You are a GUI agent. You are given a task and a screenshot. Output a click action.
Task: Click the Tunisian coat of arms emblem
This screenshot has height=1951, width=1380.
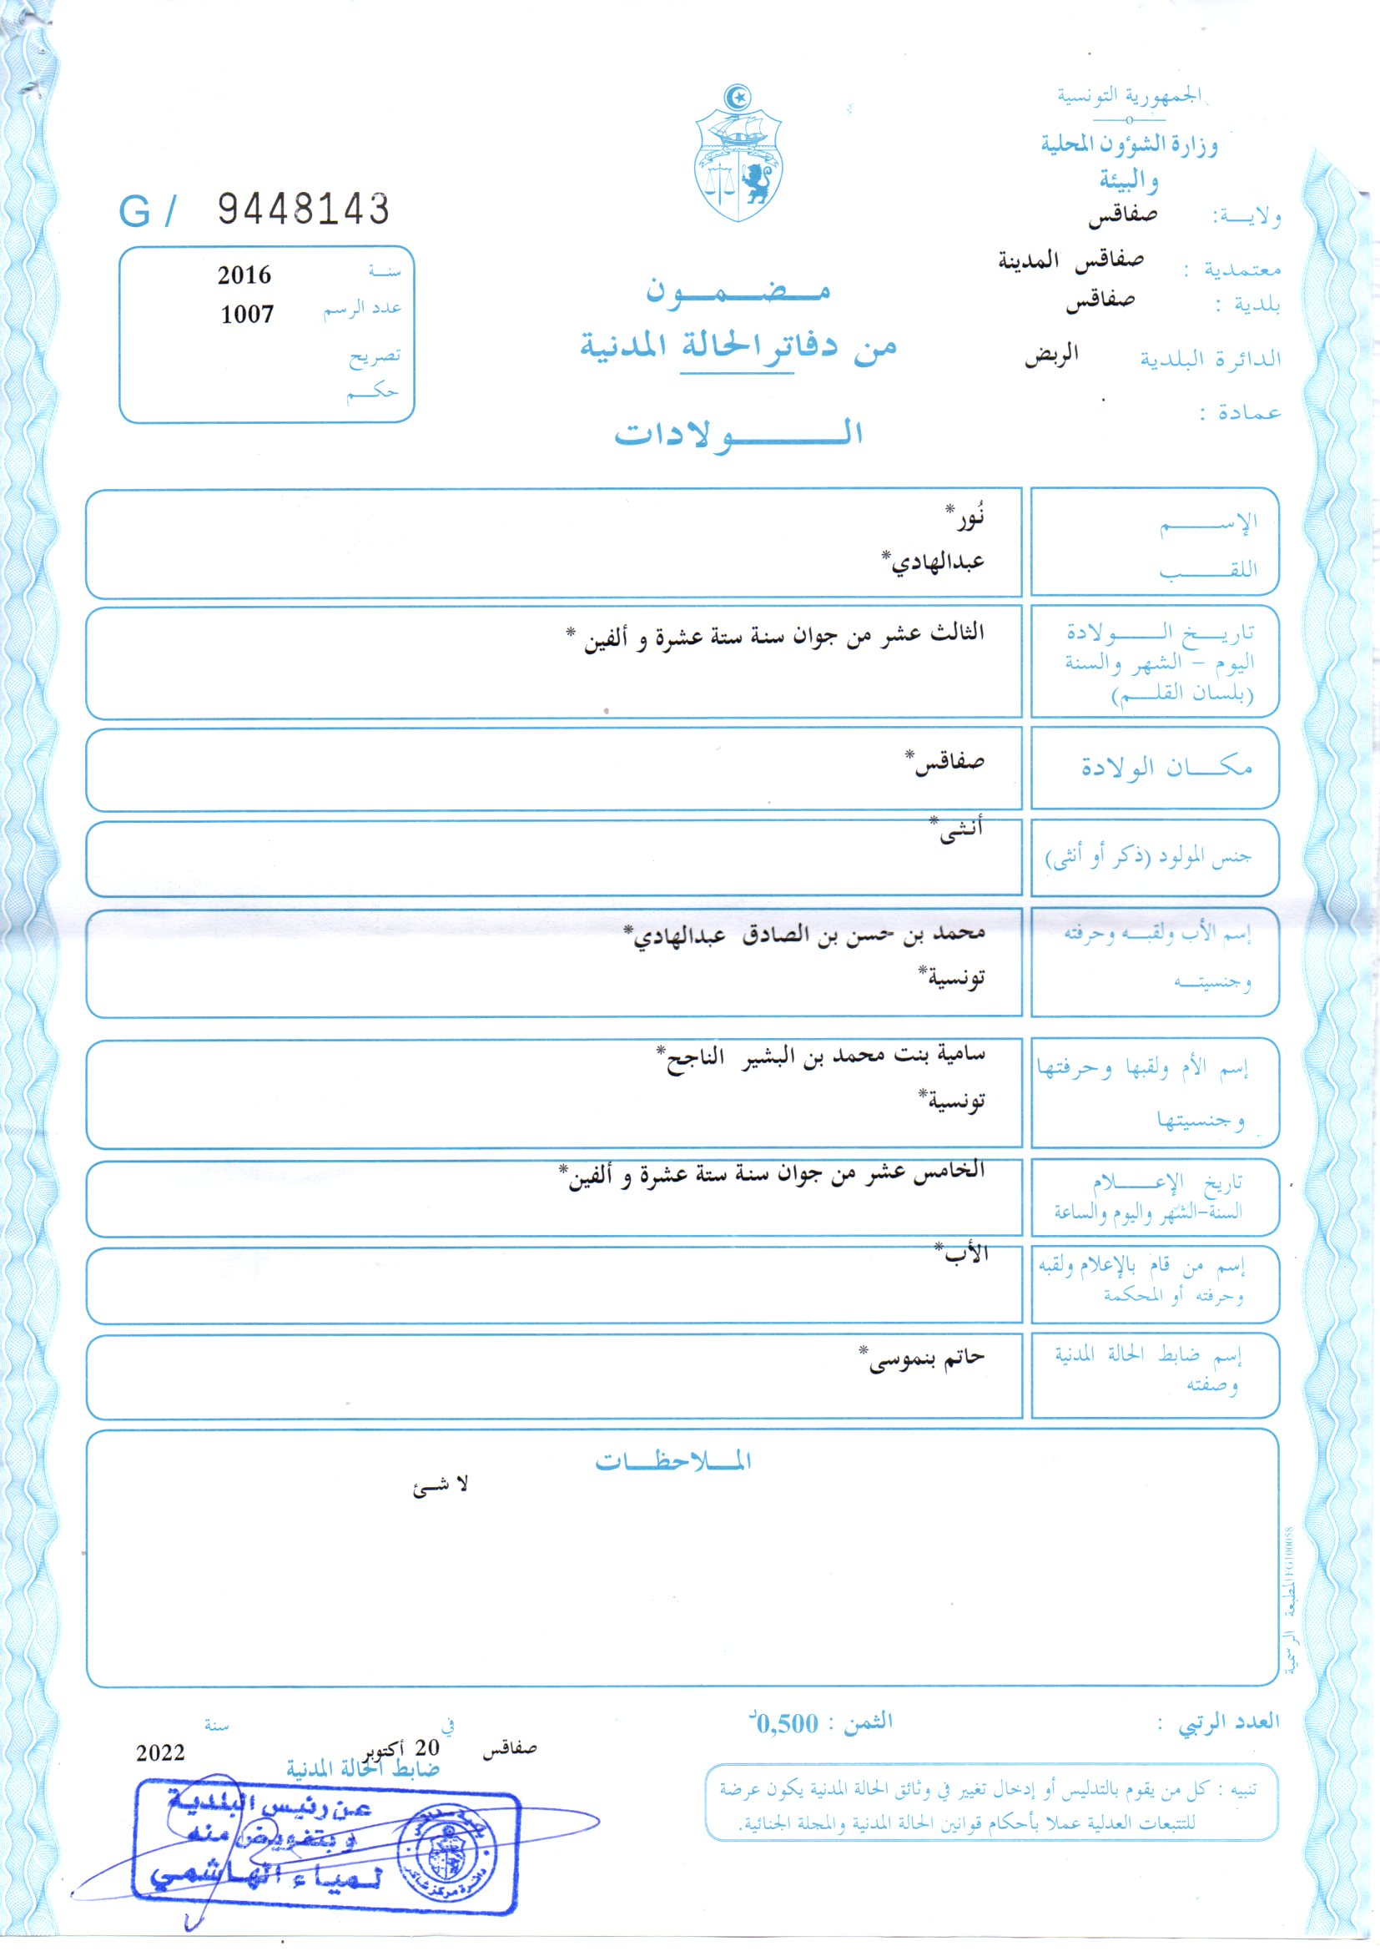(738, 154)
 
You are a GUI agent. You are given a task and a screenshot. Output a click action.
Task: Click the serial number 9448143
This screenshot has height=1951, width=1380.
(304, 209)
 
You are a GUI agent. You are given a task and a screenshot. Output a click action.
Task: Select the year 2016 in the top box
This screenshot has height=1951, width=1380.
(244, 275)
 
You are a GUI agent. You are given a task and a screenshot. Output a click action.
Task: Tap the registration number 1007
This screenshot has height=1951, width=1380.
(246, 315)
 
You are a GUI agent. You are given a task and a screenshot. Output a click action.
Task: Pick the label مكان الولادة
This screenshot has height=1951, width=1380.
(1166, 768)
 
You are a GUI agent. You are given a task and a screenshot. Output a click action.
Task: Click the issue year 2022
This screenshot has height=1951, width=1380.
(159, 1753)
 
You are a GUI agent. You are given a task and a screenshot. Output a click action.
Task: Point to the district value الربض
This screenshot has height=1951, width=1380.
(1051, 355)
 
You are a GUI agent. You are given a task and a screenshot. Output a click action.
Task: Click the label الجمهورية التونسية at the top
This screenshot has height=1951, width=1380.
(1131, 96)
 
